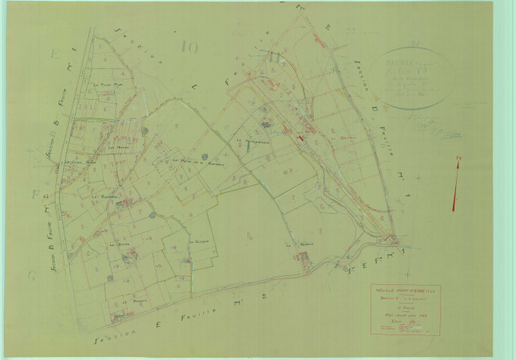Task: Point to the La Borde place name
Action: (115, 244)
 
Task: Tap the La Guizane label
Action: (197, 242)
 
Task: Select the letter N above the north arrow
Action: (458, 157)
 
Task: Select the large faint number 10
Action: (189, 48)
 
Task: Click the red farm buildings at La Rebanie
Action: (304, 257)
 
